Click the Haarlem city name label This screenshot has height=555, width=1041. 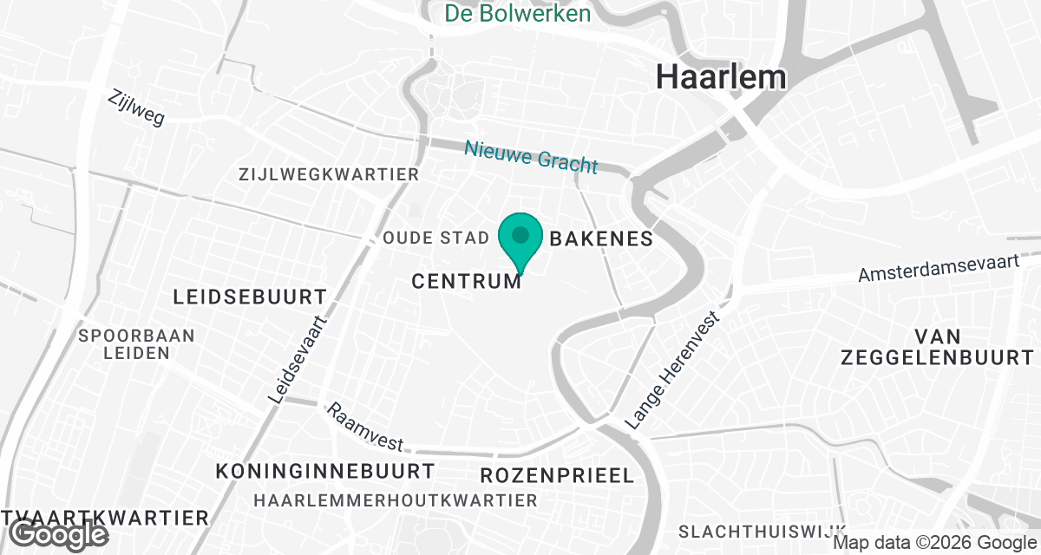tap(721, 76)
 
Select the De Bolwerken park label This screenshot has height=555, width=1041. tap(518, 14)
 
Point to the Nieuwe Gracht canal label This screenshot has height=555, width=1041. tap(531, 156)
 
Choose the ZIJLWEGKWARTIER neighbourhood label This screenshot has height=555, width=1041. tap(329, 174)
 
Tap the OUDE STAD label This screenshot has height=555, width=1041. tap(430, 238)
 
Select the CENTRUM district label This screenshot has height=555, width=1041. tap(467, 281)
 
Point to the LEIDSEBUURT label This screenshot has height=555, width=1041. tap(250, 297)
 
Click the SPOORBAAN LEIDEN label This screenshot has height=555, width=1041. tap(136, 344)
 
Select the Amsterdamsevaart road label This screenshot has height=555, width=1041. tap(938, 264)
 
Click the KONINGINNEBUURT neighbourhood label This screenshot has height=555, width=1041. tap(325, 472)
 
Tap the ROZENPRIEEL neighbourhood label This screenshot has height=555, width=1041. tap(557, 475)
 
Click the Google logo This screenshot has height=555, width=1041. tap(58, 534)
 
